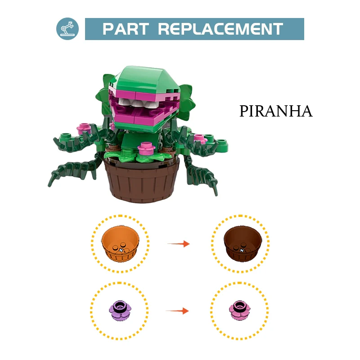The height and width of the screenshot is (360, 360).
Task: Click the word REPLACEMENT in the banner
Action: pyautogui.click(x=220, y=29)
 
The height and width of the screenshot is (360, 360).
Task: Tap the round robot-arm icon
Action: pyautogui.click(x=67, y=29)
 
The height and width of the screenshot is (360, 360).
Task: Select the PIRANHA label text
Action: pyautogui.click(x=276, y=111)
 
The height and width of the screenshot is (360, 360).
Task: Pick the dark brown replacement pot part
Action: pyautogui.click(x=243, y=243)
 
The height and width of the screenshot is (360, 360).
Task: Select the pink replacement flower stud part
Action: pyautogui.click(x=240, y=310)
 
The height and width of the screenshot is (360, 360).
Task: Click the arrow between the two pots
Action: pyautogui.click(x=178, y=243)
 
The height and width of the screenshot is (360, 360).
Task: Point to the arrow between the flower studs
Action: pyautogui.click(x=177, y=311)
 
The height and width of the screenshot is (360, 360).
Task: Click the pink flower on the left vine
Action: pyautogui.click(x=84, y=129)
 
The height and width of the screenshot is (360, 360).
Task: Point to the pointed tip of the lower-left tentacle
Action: pyautogui.click(x=49, y=185)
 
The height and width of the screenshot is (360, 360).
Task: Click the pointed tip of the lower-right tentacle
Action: pyautogui.click(x=216, y=195)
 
